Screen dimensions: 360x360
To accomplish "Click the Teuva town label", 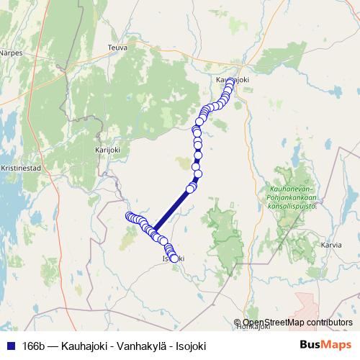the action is coord(116,47).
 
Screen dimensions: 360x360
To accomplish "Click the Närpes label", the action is coord(11,53).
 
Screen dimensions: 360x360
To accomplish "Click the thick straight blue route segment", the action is coord(173,210).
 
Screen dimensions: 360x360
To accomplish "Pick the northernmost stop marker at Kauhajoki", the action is coord(230,81).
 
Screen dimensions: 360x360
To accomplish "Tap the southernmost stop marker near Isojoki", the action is coord(174,258).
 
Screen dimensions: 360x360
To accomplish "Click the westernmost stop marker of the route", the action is coord(130,217).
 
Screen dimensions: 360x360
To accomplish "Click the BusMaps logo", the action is coord(325,344).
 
